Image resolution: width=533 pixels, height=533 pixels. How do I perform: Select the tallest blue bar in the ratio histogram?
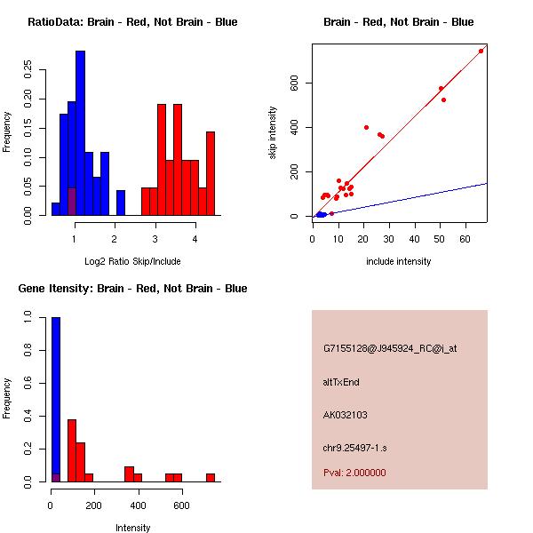[80, 133]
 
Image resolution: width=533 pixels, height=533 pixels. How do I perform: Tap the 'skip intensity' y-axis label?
[273, 133]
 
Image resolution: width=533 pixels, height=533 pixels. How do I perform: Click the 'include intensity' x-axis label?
[399, 261]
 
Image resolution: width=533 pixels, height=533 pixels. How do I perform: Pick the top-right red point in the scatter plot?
[481, 51]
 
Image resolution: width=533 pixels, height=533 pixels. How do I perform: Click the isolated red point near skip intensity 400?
[366, 127]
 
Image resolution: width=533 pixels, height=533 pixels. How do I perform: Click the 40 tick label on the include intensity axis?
[414, 238]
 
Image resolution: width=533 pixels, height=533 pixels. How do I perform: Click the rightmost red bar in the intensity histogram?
[211, 477]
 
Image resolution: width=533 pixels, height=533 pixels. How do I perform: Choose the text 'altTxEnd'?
[341, 382]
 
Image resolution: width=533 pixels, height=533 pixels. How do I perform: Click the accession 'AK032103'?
[346, 414]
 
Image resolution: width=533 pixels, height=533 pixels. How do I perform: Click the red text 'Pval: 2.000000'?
[354, 473]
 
